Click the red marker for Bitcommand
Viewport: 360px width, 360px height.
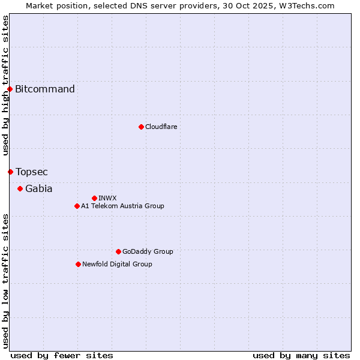(x=10, y=89)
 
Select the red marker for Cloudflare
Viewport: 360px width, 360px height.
(x=141, y=127)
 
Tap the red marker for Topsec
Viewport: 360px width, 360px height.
(x=10, y=172)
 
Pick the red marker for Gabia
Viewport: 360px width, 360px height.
(x=20, y=189)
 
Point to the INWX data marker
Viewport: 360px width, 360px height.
(x=94, y=198)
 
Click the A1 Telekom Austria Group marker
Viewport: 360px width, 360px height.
(x=77, y=206)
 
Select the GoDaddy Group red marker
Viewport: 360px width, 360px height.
(x=118, y=251)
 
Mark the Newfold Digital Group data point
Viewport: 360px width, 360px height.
(x=78, y=264)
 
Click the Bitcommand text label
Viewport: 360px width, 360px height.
(x=45, y=89)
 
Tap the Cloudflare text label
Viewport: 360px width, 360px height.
(x=161, y=127)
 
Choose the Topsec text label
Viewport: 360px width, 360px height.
(x=32, y=172)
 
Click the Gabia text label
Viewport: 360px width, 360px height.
(x=39, y=189)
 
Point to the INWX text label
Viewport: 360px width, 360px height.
(x=107, y=198)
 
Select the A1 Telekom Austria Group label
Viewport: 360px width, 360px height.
(x=122, y=206)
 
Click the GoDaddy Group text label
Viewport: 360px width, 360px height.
(x=148, y=251)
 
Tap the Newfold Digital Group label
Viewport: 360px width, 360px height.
(x=117, y=264)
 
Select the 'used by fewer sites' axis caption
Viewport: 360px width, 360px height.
(x=62, y=355)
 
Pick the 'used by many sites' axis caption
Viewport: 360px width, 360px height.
(x=301, y=355)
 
